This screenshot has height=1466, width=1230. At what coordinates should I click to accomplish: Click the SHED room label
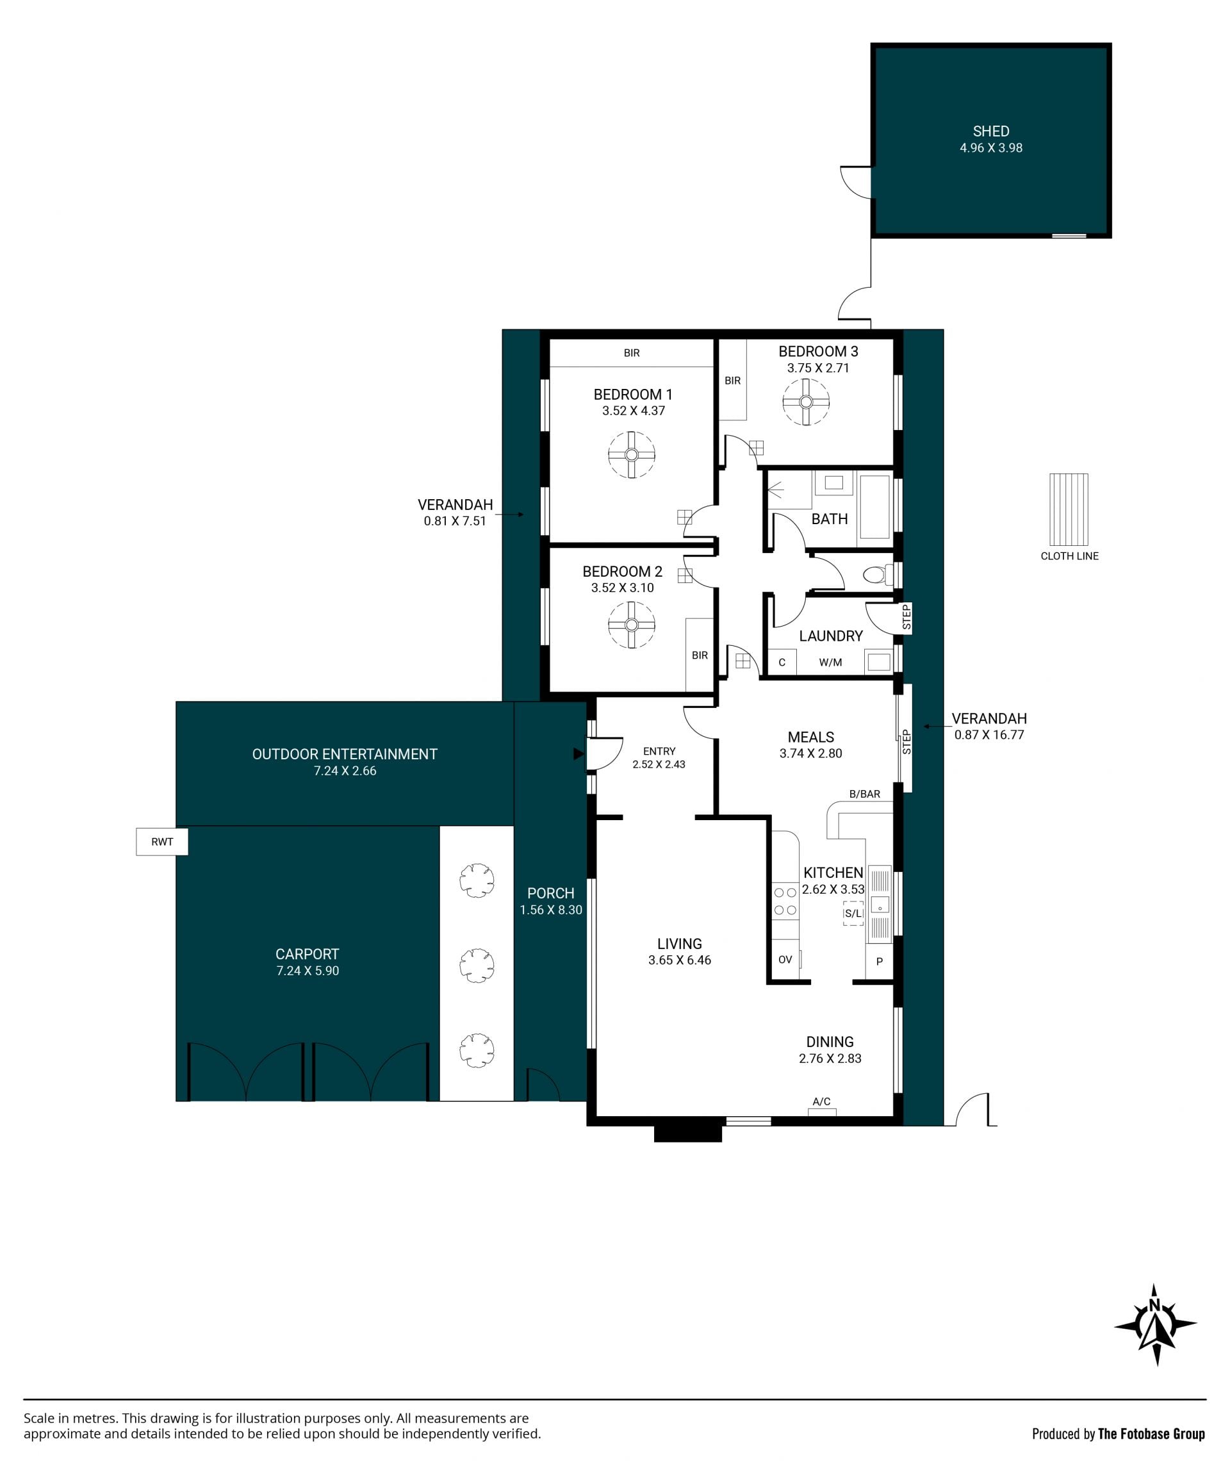(990, 131)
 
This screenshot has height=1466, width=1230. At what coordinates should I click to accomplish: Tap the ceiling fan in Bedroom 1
(631, 455)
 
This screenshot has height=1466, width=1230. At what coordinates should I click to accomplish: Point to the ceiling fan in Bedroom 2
(631, 625)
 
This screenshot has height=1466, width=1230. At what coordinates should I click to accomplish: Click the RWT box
(162, 842)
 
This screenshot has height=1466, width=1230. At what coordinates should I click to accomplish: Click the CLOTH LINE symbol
(1069, 510)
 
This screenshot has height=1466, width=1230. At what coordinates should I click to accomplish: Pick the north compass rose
(1155, 1324)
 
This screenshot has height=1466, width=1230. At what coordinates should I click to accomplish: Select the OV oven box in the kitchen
(785, 959)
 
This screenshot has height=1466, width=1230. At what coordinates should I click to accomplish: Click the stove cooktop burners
(785, 902)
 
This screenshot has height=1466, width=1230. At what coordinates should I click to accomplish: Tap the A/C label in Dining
(822, 1101)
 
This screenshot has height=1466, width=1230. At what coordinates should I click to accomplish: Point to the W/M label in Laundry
(830, 663)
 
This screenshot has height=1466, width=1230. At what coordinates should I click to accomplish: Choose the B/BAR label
(864, 794)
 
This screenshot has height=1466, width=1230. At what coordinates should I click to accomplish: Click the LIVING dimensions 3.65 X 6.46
(679, 960)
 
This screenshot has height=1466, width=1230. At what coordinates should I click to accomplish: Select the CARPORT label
(307, 954)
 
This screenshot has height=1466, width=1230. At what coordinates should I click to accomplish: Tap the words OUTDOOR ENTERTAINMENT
(345, 754)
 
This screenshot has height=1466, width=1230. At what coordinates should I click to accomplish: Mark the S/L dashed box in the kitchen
(853, 914)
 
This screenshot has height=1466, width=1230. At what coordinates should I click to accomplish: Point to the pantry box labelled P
(880, 961)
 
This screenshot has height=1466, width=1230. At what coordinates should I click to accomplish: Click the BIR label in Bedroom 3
(732, 381)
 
